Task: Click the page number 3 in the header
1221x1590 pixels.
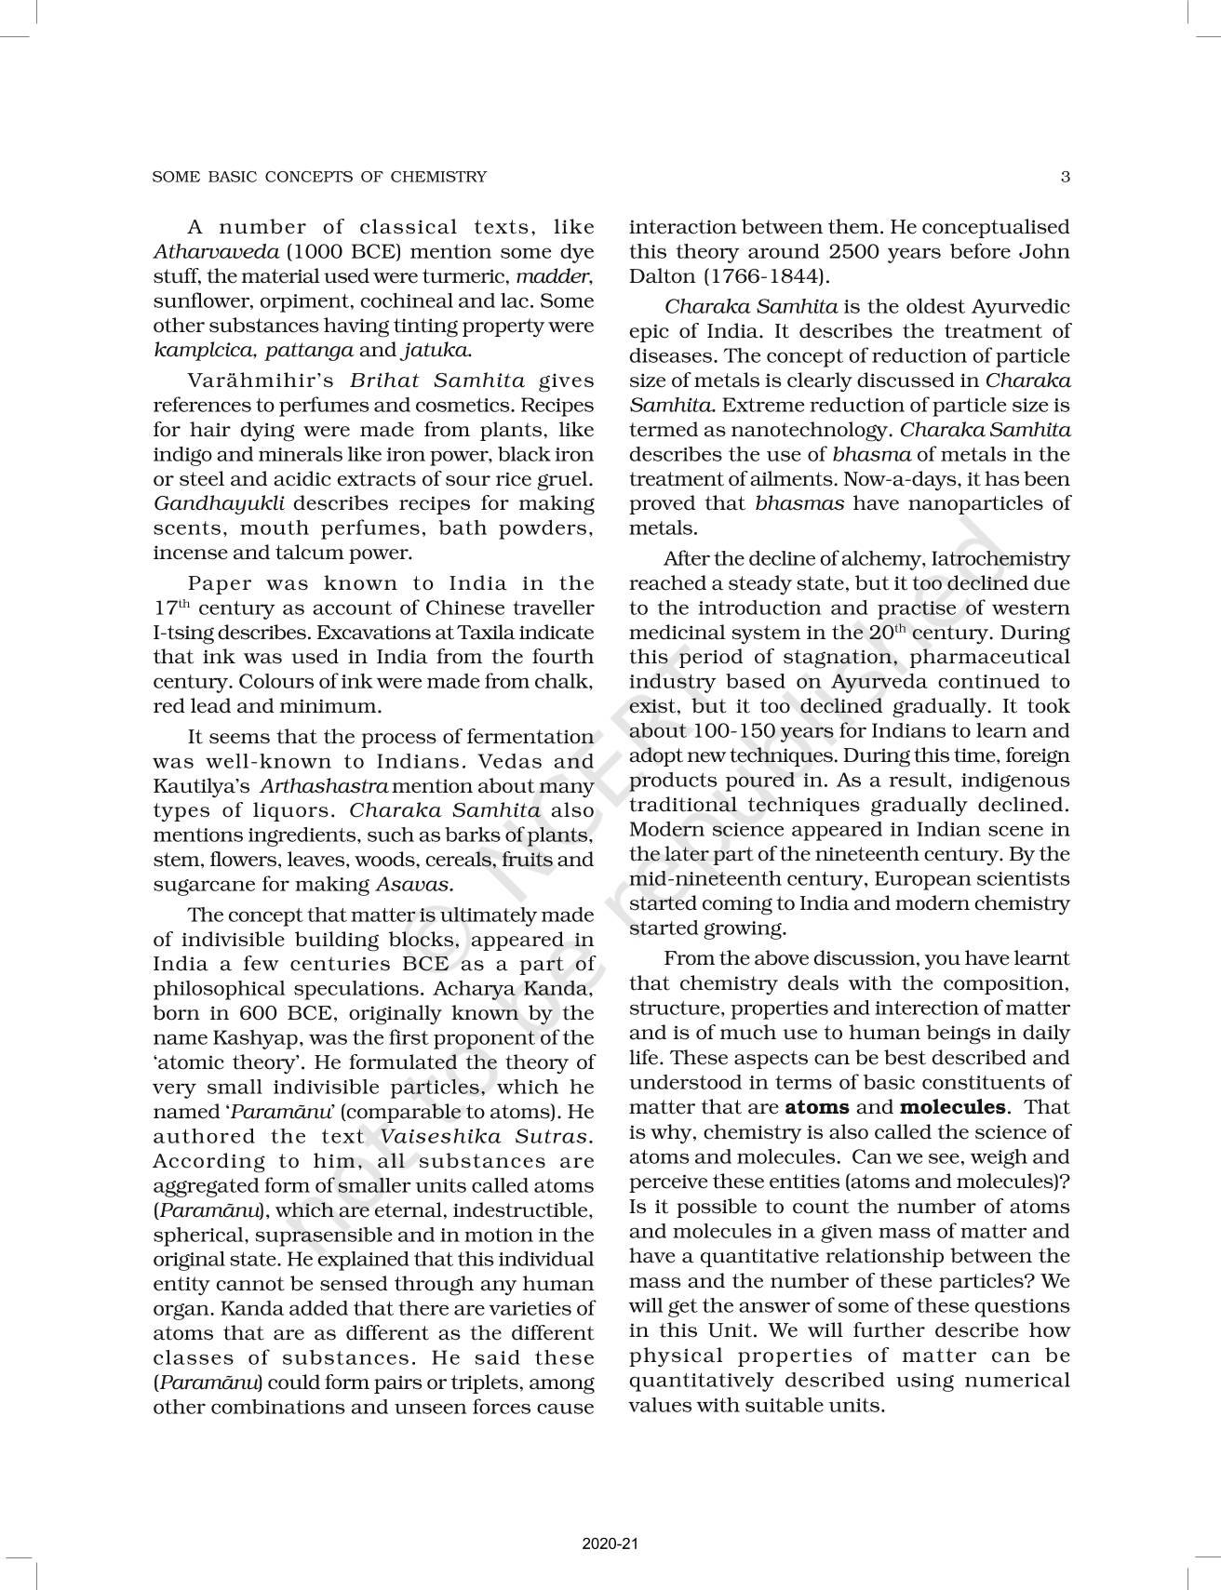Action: coord(1066,176)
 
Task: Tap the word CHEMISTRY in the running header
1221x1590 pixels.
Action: coord(438,176)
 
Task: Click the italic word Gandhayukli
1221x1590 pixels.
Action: coord(218,504)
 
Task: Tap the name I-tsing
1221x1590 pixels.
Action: coord(182,633)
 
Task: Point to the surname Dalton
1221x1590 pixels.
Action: coord(662,276)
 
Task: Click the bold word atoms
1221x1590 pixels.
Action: coord(817,1107)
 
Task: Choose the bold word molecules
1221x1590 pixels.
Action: coord(953,1107)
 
